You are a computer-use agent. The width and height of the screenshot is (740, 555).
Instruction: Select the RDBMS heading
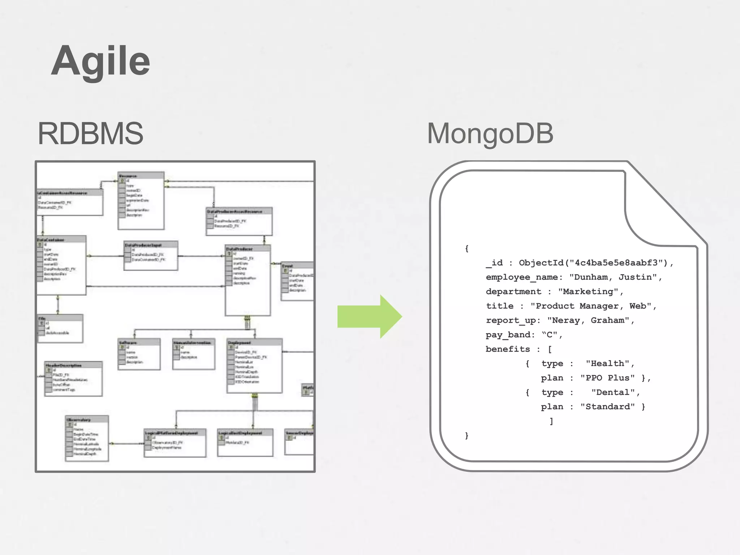[90, 134]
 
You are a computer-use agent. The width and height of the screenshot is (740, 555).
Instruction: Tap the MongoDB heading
[490, 134]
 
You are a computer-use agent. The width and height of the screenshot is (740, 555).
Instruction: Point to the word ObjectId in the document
[541, 263]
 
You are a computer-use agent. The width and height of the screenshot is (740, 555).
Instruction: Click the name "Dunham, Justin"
[613, 277]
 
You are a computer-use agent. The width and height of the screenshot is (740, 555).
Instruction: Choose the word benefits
[507, 349]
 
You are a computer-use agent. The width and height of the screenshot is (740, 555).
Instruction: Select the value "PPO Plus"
[607, 378]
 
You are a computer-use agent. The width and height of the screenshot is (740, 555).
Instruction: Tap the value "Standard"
[607, 407]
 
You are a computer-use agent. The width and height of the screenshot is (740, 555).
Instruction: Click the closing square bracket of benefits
[551, 421]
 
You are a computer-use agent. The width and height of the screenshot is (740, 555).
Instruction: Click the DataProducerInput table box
[151, 256]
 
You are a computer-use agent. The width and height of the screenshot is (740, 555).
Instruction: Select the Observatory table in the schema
[87, 438]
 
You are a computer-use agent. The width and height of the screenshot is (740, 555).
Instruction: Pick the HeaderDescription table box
[73, 379]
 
